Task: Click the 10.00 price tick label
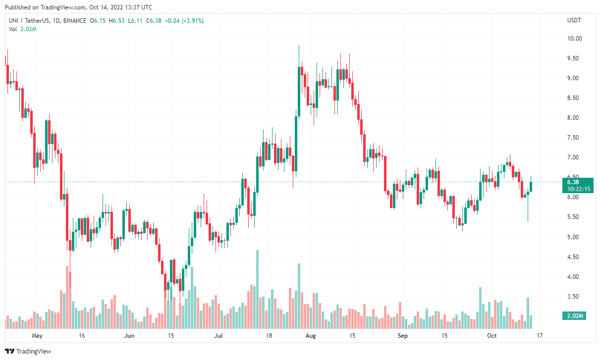[x=574, y=38]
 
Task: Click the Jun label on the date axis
[x=129, y=336]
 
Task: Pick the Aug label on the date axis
[x=311, y=336]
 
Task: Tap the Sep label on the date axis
[x=403, y=336]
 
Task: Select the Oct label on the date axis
[x=492, y=336]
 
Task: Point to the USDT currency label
[x=574, y=20]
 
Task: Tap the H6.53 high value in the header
[x=117, y=21]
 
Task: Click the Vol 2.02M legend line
[x=23, y=29]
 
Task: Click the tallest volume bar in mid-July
[x=257, y=290]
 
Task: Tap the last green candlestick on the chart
[x=531, y=187]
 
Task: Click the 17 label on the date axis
[x=540, y=336]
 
